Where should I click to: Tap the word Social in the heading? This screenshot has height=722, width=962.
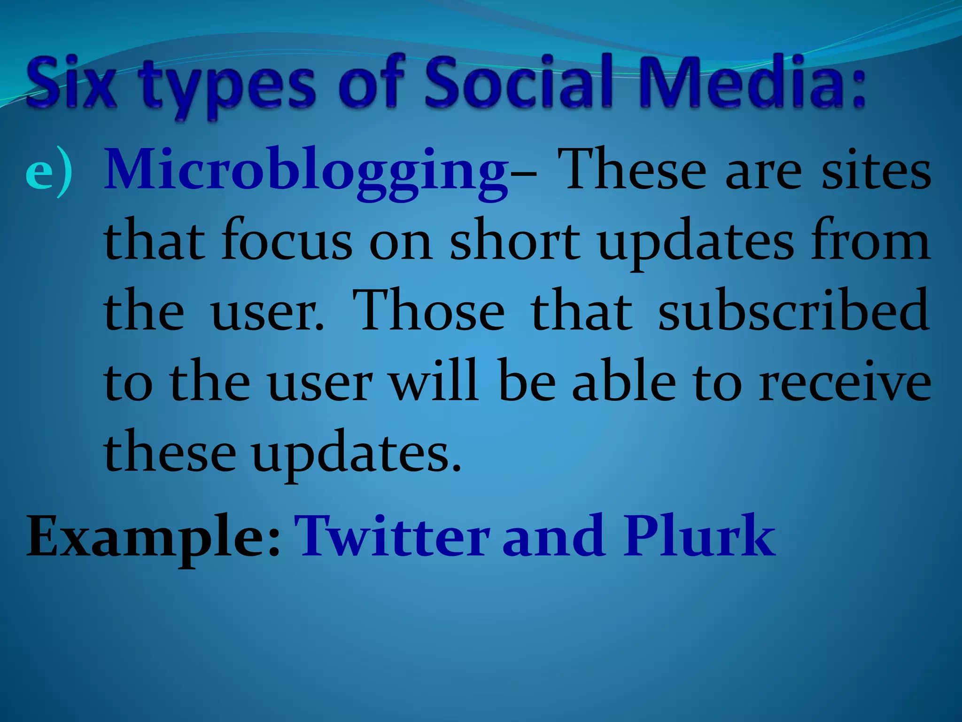[x=520, y=82]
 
